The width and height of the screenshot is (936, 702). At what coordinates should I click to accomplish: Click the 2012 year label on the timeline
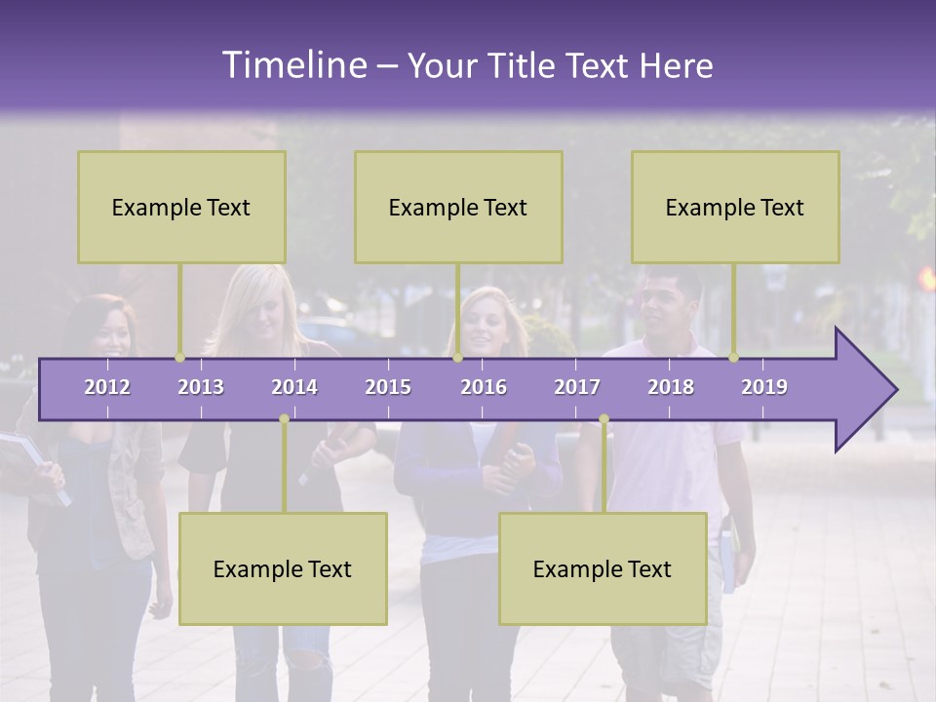point(107,387)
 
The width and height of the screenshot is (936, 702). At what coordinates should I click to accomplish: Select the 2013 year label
point(201,387)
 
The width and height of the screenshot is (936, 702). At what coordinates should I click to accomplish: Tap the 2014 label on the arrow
point(294,387)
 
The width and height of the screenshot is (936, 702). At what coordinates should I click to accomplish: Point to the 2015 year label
point(388,387)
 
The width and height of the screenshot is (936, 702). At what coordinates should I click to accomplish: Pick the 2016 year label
point(484,387)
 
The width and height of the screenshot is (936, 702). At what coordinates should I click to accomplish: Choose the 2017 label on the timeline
point(577,387)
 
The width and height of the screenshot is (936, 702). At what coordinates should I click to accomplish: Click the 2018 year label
point(671,387)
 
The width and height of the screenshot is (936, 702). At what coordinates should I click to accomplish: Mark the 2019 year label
point(764,387)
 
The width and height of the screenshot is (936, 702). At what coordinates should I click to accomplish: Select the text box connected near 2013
point(181,207)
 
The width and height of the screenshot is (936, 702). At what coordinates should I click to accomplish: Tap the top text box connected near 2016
point(458,207)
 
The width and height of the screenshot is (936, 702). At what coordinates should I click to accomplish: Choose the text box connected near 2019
point(735,207)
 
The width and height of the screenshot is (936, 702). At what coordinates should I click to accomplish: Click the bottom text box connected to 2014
point(283,568)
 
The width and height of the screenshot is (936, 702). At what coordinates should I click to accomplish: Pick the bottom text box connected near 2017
point(603,568)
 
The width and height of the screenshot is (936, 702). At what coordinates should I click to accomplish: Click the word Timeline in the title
point(292,65)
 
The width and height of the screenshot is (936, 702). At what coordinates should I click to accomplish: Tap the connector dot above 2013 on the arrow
point(179,358)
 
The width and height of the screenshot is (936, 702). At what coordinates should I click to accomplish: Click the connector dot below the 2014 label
point(284,419)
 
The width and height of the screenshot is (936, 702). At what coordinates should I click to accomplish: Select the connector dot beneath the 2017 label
point(604,419)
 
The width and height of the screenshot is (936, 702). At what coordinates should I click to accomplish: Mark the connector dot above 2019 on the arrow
point(733,358)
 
